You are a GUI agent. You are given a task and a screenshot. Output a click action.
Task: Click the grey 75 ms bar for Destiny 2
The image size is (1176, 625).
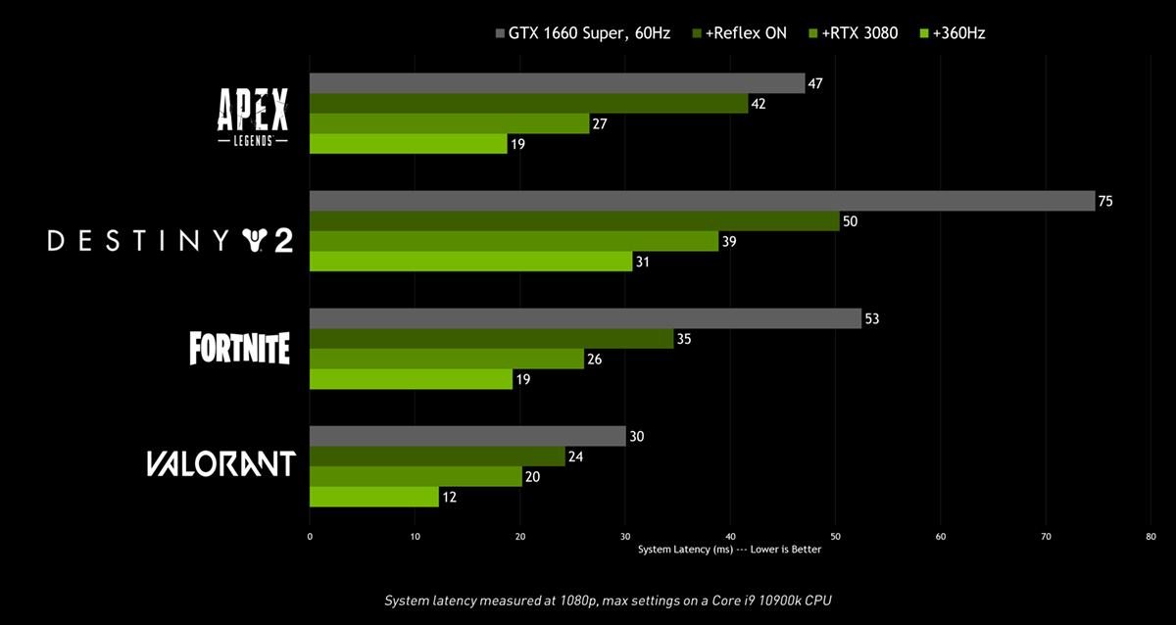coord(702,201)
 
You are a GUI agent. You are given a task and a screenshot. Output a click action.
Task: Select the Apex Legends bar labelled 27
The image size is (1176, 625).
coord(450,123)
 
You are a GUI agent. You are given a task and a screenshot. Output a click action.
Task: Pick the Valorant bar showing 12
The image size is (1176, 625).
coord(374,497)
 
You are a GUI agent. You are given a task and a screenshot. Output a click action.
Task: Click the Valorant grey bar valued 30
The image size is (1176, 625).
coord(467,436)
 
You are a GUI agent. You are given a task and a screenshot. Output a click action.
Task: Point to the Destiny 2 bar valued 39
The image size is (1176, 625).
coord(514,241)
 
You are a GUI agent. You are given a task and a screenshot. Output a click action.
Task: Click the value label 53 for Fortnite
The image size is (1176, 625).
coord(872,318)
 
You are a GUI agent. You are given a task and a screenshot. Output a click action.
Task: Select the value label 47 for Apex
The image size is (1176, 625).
coord(814,83)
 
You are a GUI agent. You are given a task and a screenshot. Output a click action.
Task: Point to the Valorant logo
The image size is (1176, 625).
coord(221,463)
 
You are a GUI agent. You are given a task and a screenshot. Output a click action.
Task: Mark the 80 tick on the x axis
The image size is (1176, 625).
coord(1151,537)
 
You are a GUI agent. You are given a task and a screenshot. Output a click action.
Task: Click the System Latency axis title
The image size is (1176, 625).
coord(729,550)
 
